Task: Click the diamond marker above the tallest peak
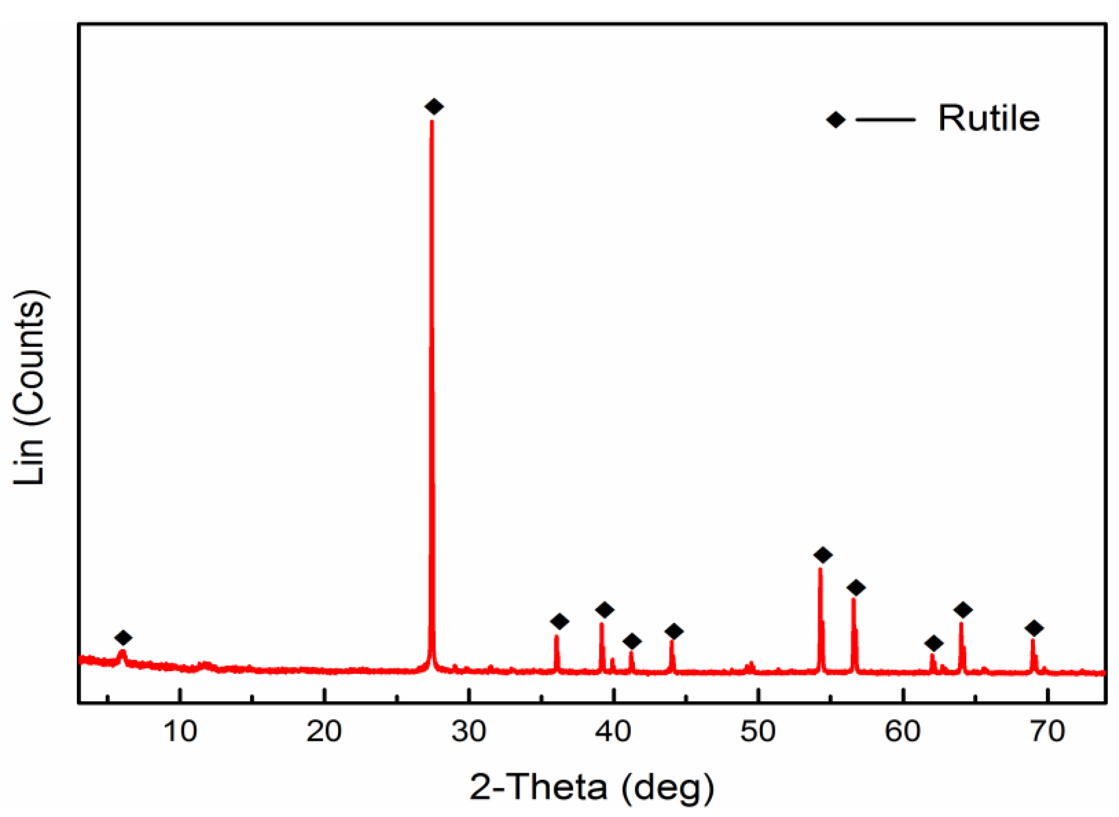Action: coord(434,106)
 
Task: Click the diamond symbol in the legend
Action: coord(835,120)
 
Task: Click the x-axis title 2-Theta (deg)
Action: coord(592,787)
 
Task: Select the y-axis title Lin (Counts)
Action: coord(30,387)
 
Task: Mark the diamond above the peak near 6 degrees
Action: coord(124,638)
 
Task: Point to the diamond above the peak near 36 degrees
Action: coord(559,621)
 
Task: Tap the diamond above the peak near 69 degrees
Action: coord(1034,629)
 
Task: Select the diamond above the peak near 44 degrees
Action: coord(674,631)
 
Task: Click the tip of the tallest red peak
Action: coord(432,122)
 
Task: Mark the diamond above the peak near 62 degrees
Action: coord(934,644)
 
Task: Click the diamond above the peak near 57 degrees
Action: coord(856,588)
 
